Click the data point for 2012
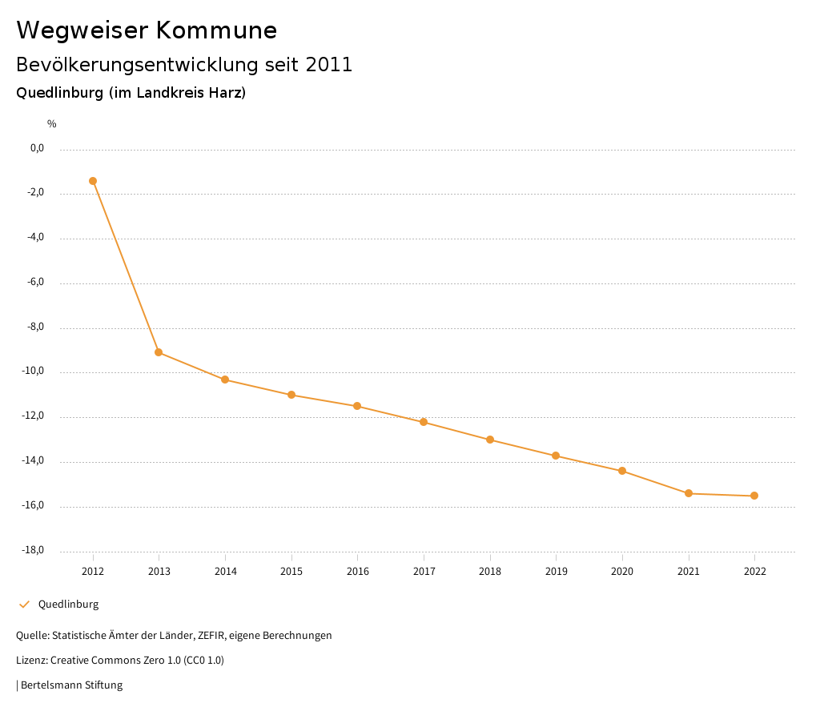tap(93, 181)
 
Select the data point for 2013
tap(159, 352)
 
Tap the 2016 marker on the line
tap(357, 406)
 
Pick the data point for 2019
tap(556, 456)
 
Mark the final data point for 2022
tap(754, 496)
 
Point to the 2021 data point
tap(689, 493)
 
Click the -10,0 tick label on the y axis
tap(32, 372)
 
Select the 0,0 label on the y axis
tap(37, 148)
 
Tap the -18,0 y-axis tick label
tap(32, 550)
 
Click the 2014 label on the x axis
tap(225, 572)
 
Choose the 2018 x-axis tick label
tap(490, 572)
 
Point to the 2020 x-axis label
tap(622, 572)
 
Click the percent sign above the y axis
tap(51, 124)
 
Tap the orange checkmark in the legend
tap(24, 605)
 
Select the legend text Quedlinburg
tap(68, 605)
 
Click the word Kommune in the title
tap(216, 30)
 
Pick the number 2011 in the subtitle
tap(329, 65)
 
